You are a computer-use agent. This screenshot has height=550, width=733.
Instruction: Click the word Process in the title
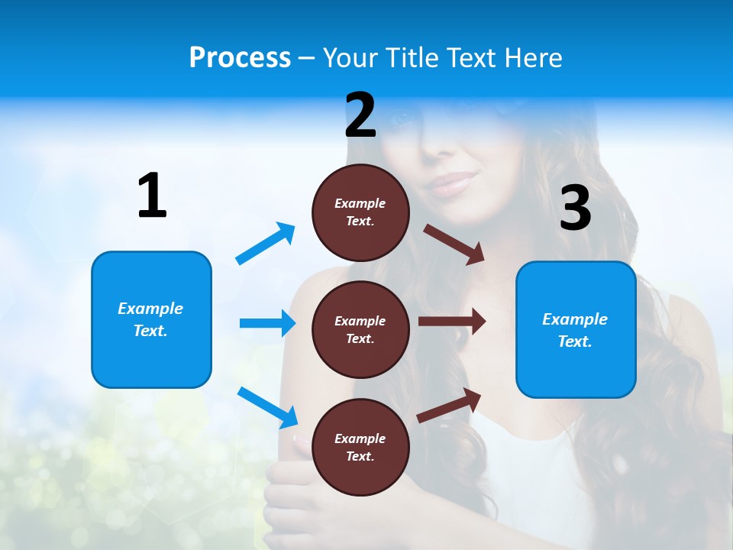coord(240,57)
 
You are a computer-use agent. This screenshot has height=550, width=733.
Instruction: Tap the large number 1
coord(152,196)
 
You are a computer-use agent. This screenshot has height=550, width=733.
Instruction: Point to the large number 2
coord(360,115)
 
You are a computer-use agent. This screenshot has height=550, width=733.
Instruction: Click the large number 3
coord(575,208)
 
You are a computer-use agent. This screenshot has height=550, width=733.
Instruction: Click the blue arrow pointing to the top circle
coord(266,244)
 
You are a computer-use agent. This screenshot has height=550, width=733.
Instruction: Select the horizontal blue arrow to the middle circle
coord(267,323)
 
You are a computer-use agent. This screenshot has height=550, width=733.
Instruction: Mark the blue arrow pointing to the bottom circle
coord(267,406)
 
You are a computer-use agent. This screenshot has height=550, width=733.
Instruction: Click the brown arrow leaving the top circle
coord(454,244)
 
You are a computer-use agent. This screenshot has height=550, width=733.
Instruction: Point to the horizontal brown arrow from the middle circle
coord(451,321)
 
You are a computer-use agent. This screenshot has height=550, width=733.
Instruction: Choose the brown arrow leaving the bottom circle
coord(449,405)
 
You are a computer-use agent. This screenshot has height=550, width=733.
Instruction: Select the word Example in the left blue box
coord(150,309)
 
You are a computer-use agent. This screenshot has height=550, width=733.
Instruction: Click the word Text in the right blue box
coord(573,341)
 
